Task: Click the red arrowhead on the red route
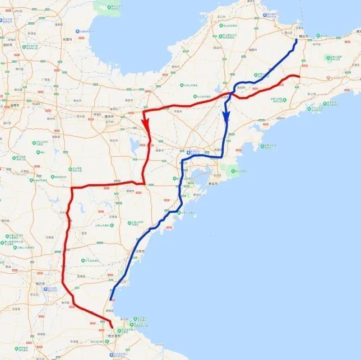coord(145,122)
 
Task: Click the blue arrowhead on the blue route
coord(225,117)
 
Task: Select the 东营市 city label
coord(68,39)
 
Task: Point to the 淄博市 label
coord(12,105)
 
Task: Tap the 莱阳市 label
coord(243,88)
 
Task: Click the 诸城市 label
coord(131,191)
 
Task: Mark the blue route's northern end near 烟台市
coord(297,40)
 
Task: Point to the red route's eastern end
coord(299,76)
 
